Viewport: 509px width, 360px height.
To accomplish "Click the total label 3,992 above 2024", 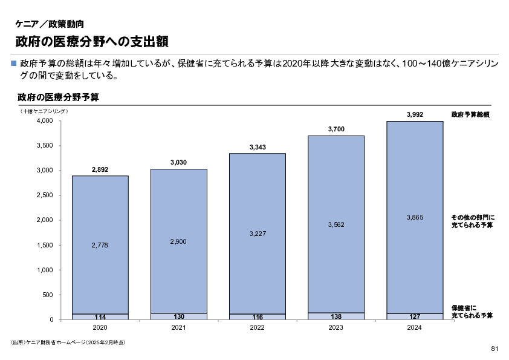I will pyautogui.click(x=414, y=114).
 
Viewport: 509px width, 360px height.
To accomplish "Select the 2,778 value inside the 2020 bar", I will pyautogui.click(x=100, y=245).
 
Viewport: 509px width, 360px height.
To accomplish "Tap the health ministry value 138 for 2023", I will pyautogui.click(x=336, y=316).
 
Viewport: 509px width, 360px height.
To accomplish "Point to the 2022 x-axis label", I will pyautogui.click(x=257, y=327).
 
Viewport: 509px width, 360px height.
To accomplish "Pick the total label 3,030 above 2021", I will pyautogui.click(x=178, y=162).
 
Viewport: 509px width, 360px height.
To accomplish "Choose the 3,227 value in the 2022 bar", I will pyautogui.click(x=257, y=234).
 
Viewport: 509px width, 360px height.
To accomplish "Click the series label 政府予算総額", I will pyautogui.click(x=470, y=114).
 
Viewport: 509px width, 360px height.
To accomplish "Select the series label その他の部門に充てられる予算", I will pyautogui.click(x=472, y=221).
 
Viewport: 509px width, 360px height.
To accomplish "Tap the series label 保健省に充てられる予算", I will pyautogui.click(x=472, y=312).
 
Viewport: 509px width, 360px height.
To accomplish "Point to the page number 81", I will pyautogui.click(x=494, y=349).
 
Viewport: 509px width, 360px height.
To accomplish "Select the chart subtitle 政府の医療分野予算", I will pyautogui.click(x=58, y=97).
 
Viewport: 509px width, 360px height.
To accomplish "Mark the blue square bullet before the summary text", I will pyautogui.click(x=14, y=62).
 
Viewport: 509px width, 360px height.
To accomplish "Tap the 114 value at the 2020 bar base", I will pyautogui.click(x=100, y=317).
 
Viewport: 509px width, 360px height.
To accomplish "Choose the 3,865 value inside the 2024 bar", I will pyautogui.click(x=414, y=217).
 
